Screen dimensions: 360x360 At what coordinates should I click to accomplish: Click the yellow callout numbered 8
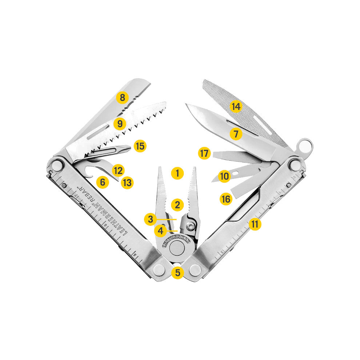[x=122, y=97]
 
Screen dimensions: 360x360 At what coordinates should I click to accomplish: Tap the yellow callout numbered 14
[x=236, y=107]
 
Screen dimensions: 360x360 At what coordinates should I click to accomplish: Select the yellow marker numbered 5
[x=177, y=272]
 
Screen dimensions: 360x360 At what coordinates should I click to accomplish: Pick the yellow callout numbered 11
[x=255, y=224]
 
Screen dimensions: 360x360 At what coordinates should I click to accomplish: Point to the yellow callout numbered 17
[x=205, y=153]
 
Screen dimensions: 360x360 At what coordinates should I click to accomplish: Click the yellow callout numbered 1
[x=177, y=173]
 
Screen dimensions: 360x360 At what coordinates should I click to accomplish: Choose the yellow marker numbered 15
[x=140, y=146]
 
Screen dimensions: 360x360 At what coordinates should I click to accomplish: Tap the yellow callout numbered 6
[x=103, y=182]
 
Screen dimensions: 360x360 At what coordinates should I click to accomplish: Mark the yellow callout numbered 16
[x=226, y=199]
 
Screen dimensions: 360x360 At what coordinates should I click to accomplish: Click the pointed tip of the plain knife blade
[x=186, y=105]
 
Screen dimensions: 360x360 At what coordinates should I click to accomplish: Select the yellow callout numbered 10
[x=224, y=177]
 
